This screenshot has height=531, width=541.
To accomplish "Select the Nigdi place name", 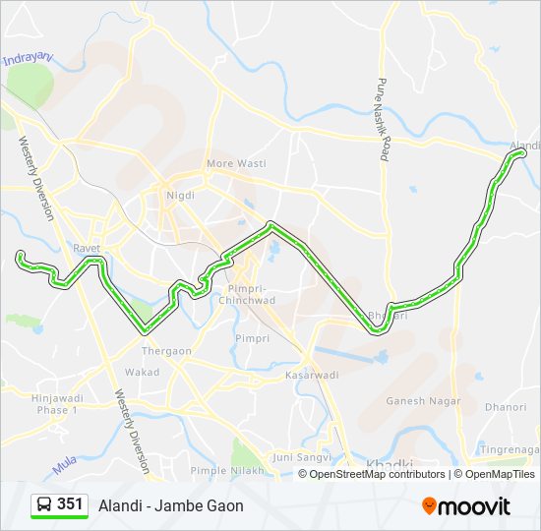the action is (x=181, y=195).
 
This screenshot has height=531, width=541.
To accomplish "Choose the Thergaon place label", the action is (x=157, y=350).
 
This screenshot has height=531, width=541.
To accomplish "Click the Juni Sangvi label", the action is (x=298, y=456).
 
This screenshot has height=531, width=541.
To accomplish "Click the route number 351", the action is (x=70, y=504).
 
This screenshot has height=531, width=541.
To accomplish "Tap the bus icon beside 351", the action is (x=44, y=505).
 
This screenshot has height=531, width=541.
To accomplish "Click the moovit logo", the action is (x=466, y=506).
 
